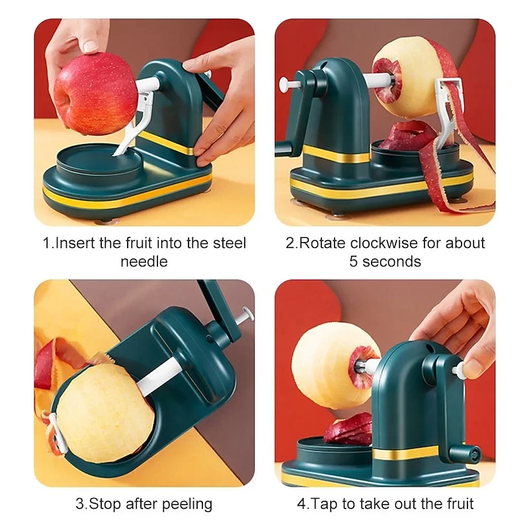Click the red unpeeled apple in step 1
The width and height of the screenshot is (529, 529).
[95, 93]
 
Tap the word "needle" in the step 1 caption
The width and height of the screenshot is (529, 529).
[144, 261]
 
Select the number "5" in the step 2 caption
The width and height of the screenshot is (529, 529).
[354, 261]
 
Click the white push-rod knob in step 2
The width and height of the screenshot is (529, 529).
[284, 85]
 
